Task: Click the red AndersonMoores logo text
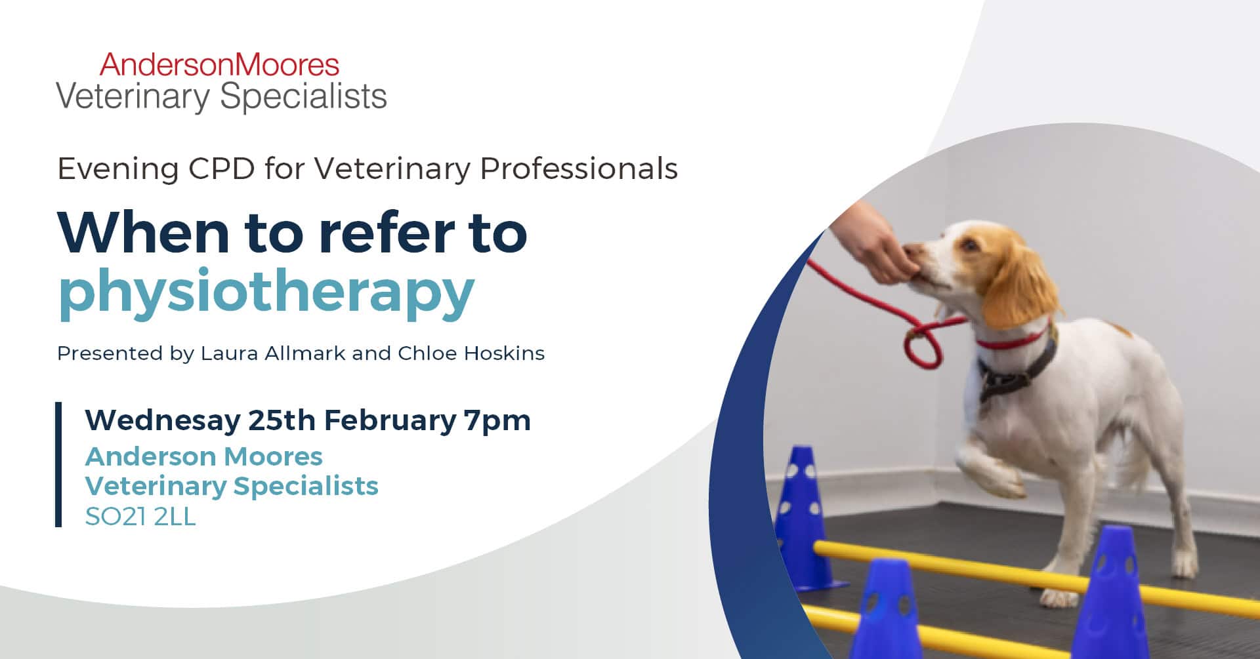coord(219,65)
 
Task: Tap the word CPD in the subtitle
coord(221,169)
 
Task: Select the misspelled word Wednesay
coord(162,420)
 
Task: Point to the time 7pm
coord(497,420)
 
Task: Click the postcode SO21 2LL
coord(140,517)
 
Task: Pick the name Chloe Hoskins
coord(471,353)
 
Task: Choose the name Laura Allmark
coord(273,353)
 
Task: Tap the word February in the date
coord(390,420)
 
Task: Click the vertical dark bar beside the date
coord(58,464)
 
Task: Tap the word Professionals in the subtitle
coord(578,169)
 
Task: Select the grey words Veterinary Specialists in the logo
coord(221,96)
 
